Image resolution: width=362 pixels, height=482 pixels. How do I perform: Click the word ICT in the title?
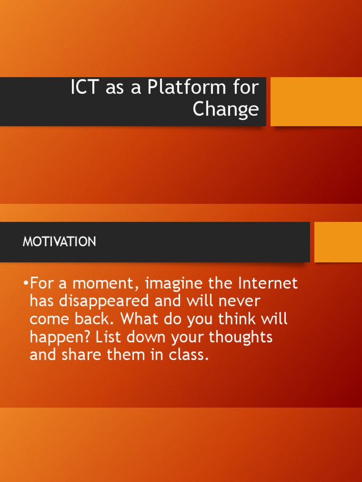pyautogui.click(x=85, y=88)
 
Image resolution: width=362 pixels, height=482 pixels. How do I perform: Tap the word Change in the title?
pyautogui.click(x=226, y=109)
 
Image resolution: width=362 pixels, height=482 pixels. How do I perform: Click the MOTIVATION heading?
pyautogui.click(x=59, y=242)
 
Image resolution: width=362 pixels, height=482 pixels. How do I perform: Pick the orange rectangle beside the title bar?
pyautogui.click(x=316, y=102)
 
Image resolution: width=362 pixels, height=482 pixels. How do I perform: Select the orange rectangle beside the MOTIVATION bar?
pyautogui.click(x=338, y=242)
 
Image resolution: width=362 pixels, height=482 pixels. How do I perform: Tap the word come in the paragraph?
pyautogui.click(x=49, y=319)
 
